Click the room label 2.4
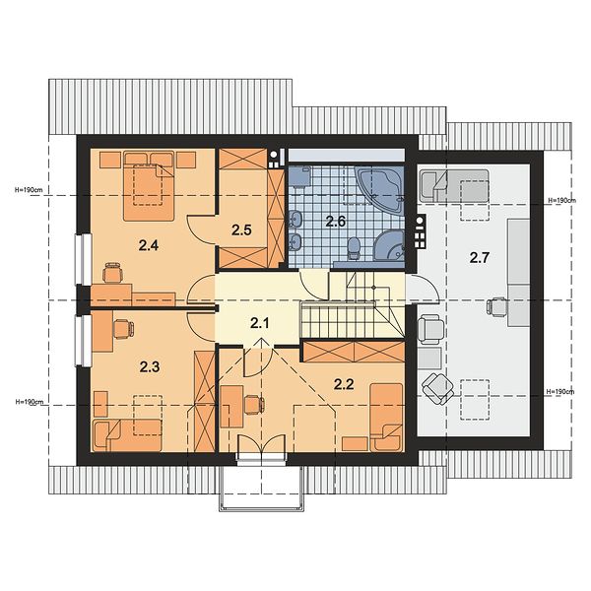149,245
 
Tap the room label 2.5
241,230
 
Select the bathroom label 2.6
336,222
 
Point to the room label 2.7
480,258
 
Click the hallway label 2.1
260,323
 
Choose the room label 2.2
344,384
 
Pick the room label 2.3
150,366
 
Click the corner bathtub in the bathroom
380,191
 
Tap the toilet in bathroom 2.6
354,247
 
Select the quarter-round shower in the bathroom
390,245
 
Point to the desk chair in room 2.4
113,273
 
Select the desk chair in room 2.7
496,306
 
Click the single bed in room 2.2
386,418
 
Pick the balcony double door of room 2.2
261,444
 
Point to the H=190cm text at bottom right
560,392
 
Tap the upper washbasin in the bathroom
295,219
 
